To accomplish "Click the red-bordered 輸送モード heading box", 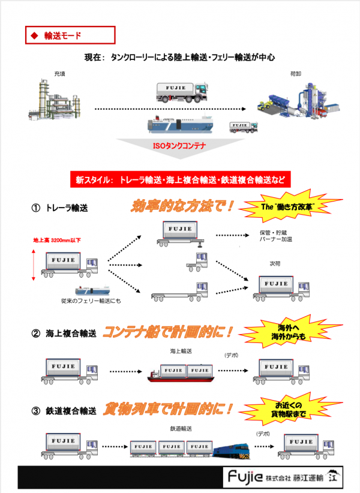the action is (70, 35).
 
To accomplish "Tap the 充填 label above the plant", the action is (59, 74).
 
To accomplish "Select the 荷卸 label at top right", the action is (296, 74).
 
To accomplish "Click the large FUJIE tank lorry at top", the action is (182, 92).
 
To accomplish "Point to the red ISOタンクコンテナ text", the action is (179, 146).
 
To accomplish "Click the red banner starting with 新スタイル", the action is (180, 179).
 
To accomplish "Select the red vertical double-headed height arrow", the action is (34, 264).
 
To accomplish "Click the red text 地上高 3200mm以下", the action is (57, 241).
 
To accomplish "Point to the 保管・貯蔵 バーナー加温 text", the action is (276, 236).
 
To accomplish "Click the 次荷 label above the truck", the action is (275, 264).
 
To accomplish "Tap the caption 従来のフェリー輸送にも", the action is (91, 301).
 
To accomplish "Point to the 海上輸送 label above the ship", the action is (181, 351).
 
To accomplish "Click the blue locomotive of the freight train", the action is (232, 451).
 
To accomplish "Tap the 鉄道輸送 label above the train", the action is (181, 429).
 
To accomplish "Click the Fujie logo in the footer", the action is (245, 477).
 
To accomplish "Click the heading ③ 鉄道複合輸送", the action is (64, 411).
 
